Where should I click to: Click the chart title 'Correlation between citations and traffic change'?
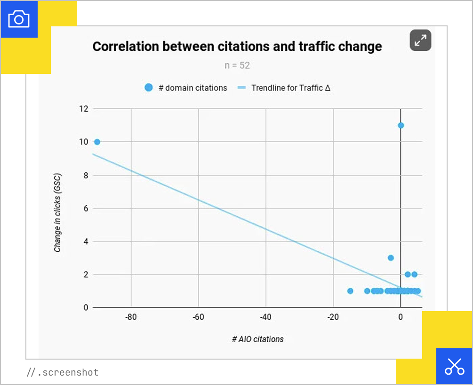coord(237,47)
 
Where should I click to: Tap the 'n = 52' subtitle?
coord(237,65)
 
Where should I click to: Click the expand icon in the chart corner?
coord(420,40)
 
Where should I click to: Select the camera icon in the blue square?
coord(19,19)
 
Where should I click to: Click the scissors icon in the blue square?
coord(454,366)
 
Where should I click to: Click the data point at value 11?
coord(401,125)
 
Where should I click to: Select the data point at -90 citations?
coord(97,142)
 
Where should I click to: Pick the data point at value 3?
coord(391,258)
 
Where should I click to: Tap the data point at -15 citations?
coord(350,291)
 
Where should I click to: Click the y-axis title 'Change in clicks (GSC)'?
coord(57,213)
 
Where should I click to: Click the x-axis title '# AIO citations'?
coord(257,339)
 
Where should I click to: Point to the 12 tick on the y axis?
coord(83,109)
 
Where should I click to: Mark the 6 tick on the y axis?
coord(86,208)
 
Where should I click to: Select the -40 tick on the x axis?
coord(265,317)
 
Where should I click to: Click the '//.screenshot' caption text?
coord(63,372)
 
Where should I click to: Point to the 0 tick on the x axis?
coord(401,317)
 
